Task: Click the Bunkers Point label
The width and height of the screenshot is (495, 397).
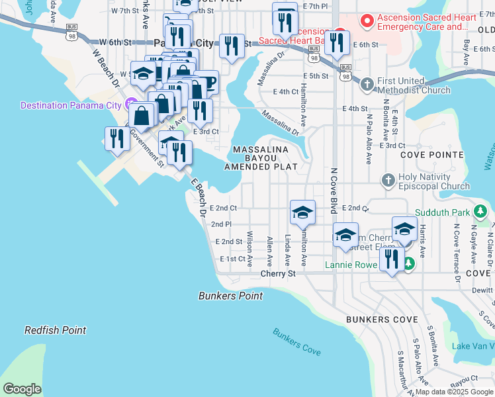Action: click(x=230, y=296)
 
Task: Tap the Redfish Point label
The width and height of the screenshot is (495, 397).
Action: click(x=56, y=330)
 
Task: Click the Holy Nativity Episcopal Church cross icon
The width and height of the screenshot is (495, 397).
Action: click(x=388, y=180)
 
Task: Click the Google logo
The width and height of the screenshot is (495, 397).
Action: click(x=22, y=389)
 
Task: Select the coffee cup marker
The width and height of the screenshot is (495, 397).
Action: click(x=206, y=83)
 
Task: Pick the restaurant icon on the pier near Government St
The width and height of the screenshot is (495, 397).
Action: click(x=116, y=138)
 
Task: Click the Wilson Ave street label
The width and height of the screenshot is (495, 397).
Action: click(x=249, y=249)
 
